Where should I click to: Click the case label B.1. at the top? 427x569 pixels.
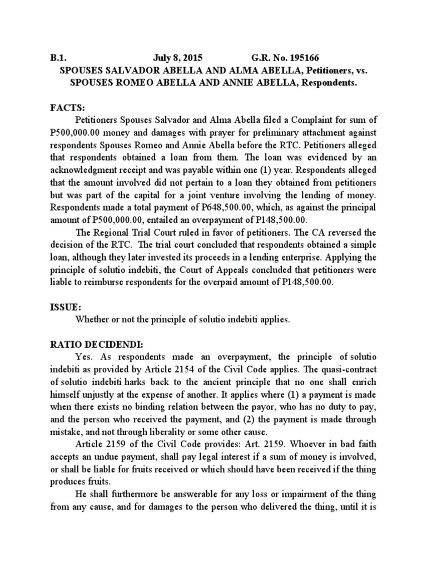[x=58, y=57]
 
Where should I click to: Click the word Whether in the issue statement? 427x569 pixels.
[x=92, y=320]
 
